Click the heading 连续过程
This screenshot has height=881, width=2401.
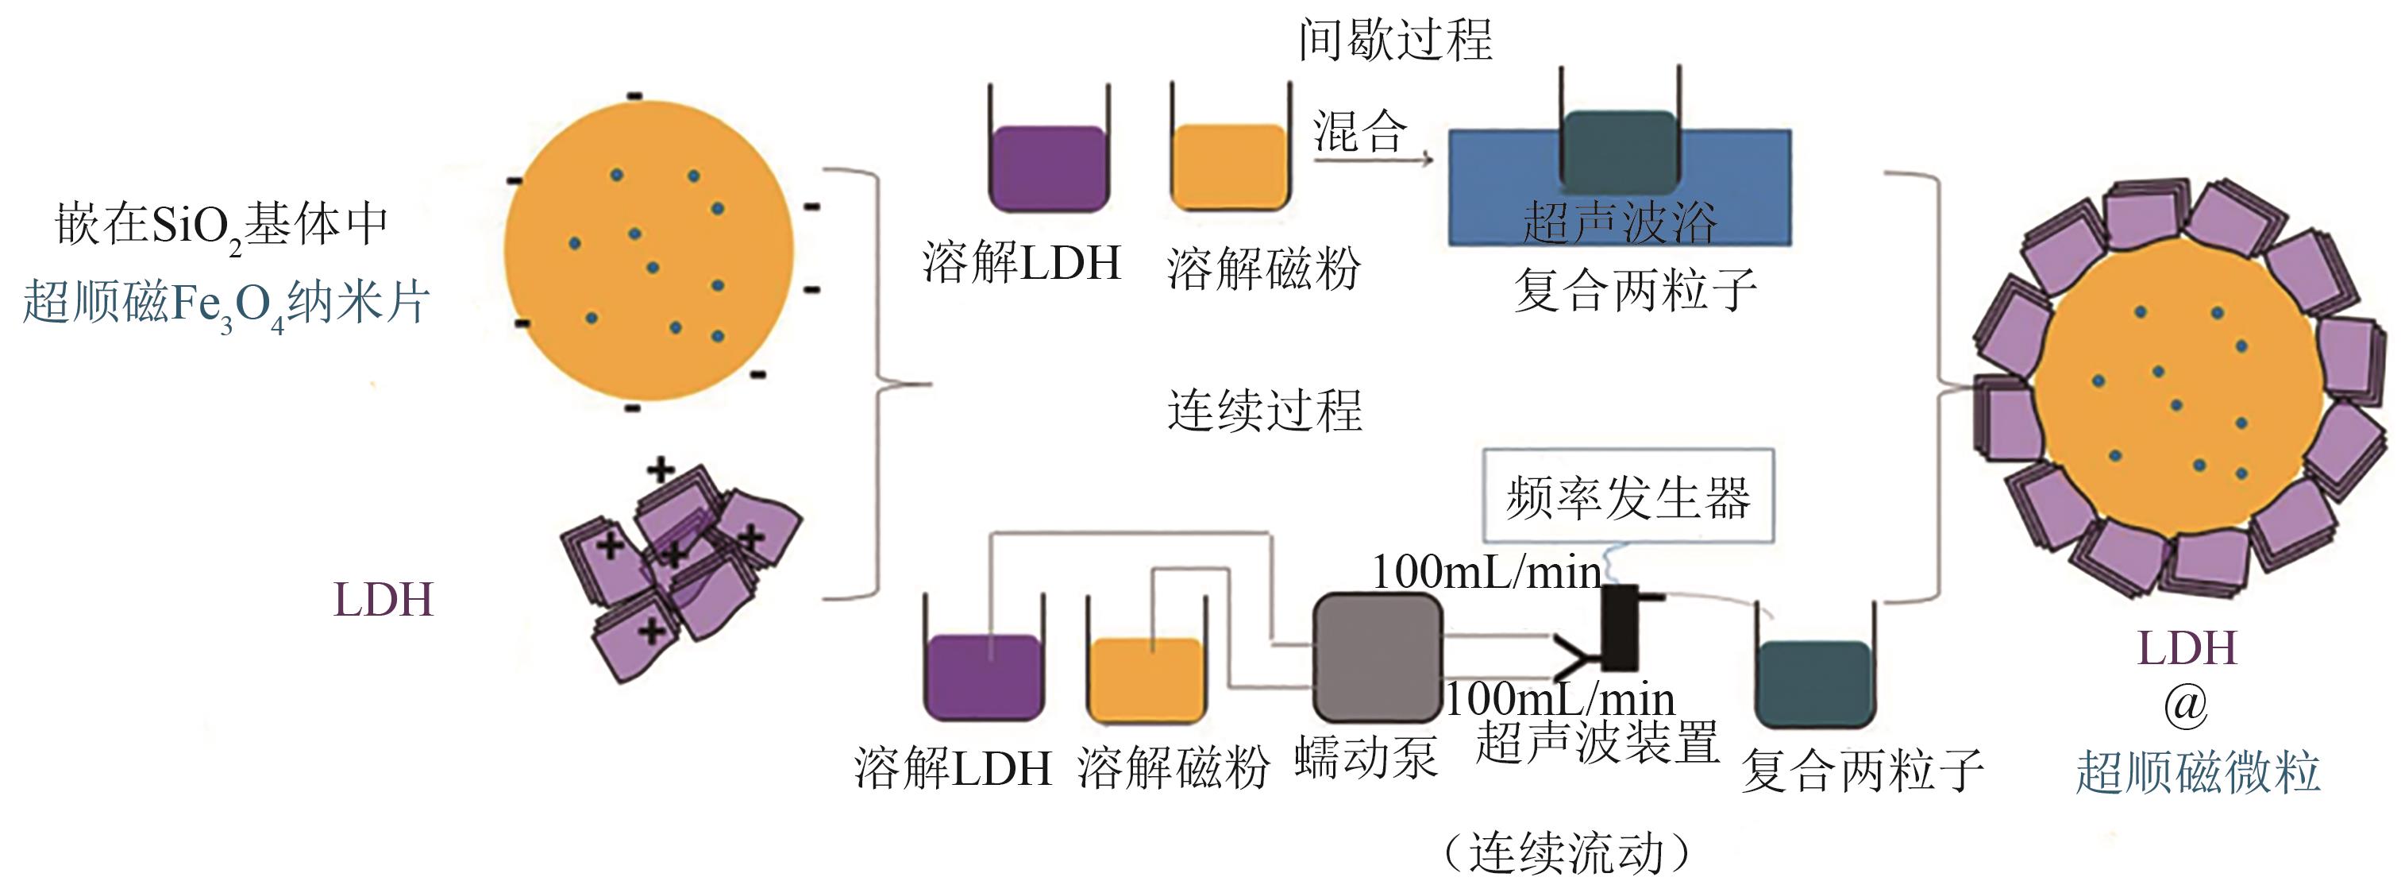tap(1265, 412)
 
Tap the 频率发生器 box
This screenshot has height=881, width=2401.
tap(1628, 497)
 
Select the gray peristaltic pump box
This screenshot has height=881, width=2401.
tap(1377, 659)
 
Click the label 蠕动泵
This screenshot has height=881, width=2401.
tap(1366, 757)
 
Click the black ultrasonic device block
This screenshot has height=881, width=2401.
tap(1620, 628)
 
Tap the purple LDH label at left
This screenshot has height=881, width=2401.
tap(383, 601)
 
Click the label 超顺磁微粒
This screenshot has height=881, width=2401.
tap(2197, 773)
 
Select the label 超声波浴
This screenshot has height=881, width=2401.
tap(1619, 222)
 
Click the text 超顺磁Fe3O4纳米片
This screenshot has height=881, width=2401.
tap(225, 304)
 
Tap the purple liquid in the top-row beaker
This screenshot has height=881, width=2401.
tap(1047, 168)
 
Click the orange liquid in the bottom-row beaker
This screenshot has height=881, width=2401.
tap(1147, 678)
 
